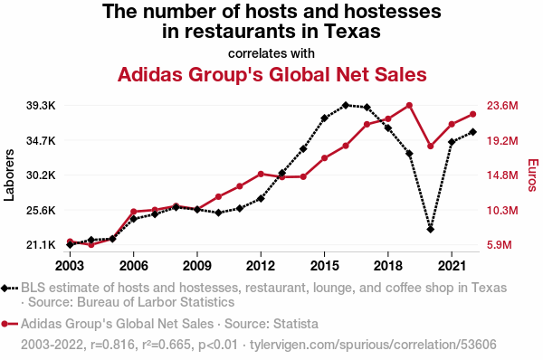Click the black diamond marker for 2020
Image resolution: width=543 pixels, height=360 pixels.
tap(431, 229)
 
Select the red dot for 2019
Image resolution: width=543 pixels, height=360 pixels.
tap(409, 105)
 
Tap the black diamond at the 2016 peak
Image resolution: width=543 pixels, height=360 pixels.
tap(346, 105)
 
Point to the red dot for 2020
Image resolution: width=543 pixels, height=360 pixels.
tap(431, 146)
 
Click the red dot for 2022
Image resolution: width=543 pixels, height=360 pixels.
tap(473, 114)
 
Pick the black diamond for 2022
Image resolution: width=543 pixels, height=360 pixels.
tap(473, 132)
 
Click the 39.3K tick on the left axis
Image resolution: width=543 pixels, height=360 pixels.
tap(41, 106)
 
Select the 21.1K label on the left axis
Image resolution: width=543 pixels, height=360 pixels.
tap(41, 245)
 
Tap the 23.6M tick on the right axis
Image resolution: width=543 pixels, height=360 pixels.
tap(502, 106)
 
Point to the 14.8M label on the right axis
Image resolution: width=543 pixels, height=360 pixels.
tap(502, 175)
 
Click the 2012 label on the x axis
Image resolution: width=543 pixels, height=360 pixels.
tap(261, 266)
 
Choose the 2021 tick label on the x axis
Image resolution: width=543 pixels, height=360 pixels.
tap(452, 266)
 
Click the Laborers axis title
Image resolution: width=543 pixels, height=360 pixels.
tap(9, 175)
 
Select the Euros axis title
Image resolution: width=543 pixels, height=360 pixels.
tap(533, 175)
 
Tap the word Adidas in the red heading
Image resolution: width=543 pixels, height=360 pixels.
tap(150, 74)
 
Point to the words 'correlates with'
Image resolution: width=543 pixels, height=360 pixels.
tap(271, 53)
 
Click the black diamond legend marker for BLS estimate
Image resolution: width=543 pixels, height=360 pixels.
tap(5, 288)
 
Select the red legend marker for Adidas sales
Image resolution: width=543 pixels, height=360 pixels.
tap(5, 324)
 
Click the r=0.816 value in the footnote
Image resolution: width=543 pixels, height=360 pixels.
tap(112, 345)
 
